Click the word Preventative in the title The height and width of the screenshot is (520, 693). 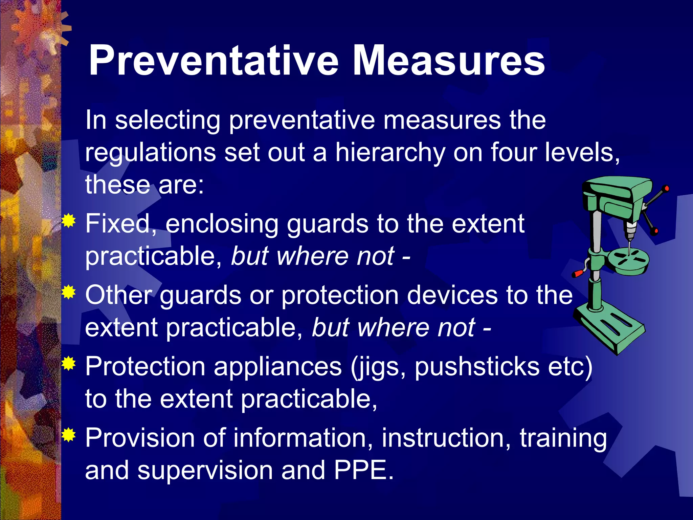pyautogui.click(x=213, y=61)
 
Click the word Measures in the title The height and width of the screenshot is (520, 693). pyautogui.click(x=448, y=61)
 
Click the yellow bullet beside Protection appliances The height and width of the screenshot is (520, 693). pyautogui.click(x=69, y=364)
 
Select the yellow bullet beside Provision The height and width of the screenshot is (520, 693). pyautogui.click(x=69, y=435)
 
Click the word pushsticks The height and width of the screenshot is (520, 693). pyautogui.click(x=477, y=367)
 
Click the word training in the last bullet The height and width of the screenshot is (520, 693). pyautogui.click(x=563, y=438)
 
